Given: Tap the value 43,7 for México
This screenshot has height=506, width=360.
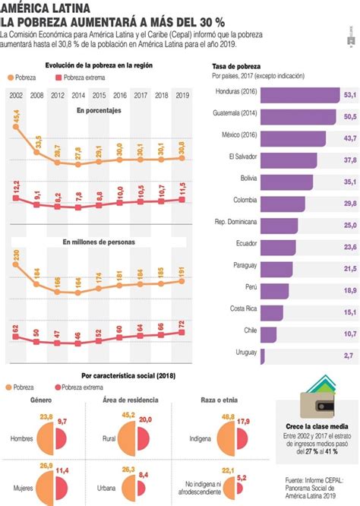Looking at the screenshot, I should (350, 138).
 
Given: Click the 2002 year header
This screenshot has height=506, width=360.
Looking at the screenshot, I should (16, 96).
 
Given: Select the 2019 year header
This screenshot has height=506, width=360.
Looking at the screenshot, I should (182, 96).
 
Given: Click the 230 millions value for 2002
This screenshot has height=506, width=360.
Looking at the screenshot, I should (17, 258).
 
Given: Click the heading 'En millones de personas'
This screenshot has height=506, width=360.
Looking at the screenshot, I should (99, 242).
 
